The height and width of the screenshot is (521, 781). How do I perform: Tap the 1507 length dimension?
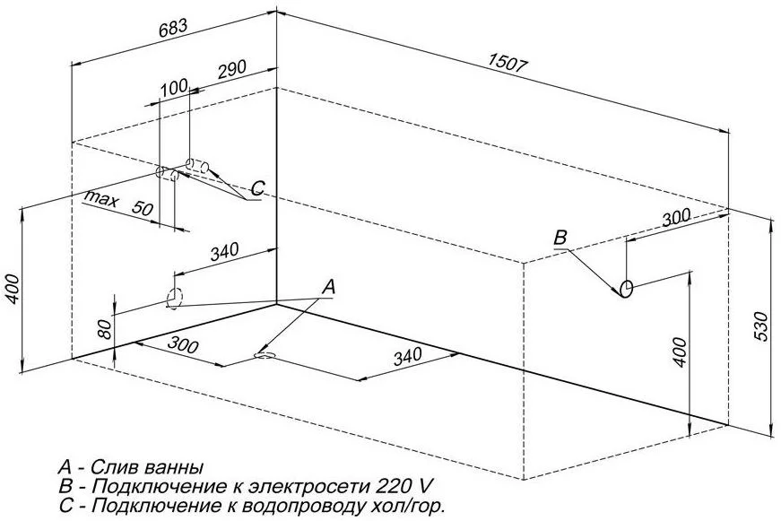(x=509, y=64)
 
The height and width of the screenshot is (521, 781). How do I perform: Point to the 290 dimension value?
(x=230, y=70)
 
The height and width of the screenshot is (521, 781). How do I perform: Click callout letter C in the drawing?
(x=257, y=188)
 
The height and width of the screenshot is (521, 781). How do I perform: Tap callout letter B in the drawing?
(x=560, y=238)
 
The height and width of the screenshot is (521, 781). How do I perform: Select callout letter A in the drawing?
(x=329, y=287)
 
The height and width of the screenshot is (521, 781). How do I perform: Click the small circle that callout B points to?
(x=627, y=289)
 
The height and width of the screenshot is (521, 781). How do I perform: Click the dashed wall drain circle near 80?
(x=173, y=297)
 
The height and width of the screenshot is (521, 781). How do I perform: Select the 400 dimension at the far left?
(x=10, y=288)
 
